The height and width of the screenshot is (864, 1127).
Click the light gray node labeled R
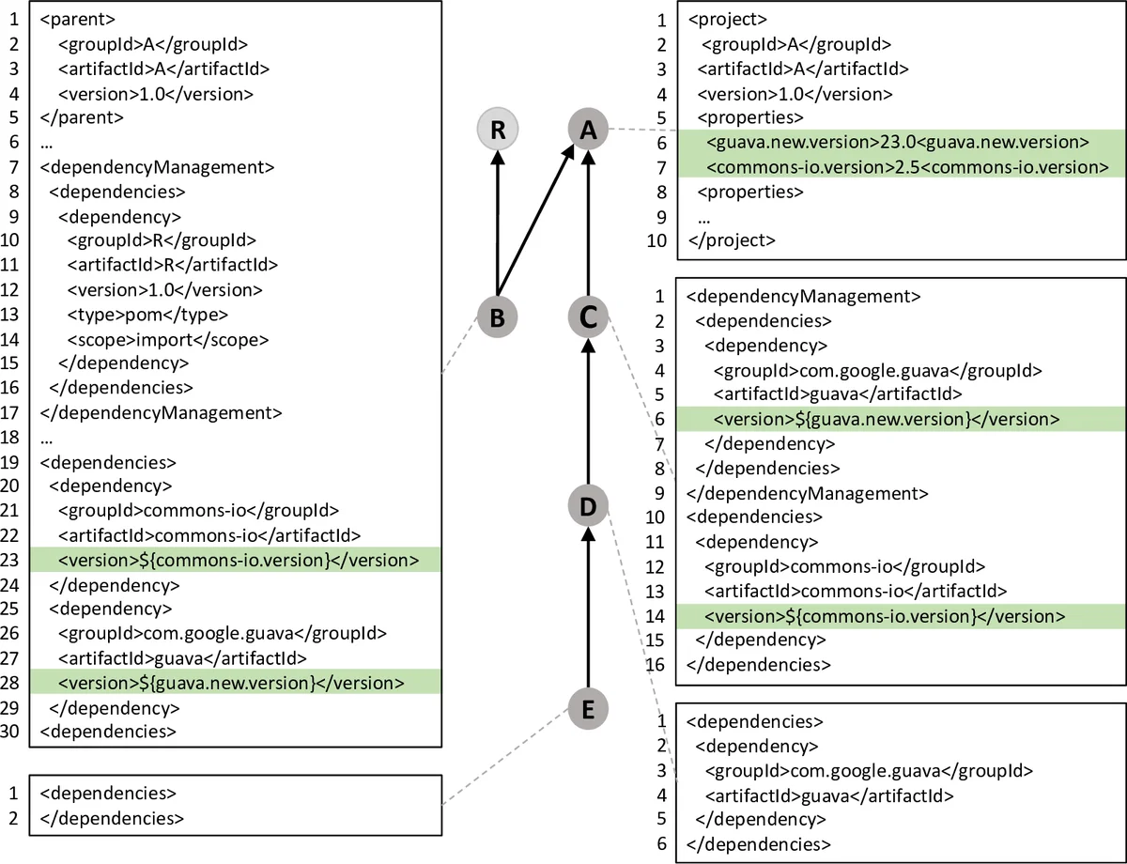click(498, 131)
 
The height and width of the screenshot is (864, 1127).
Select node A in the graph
click(589, 131)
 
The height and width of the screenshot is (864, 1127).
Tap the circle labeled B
click(498, 317)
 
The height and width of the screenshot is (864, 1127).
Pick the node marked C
click(589, 317)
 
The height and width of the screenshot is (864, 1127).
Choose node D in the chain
click(589, 507)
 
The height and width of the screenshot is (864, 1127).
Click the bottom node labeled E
click(589, 709)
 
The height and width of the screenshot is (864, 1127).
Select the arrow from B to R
click(498, 225)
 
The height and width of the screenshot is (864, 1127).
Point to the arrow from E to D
click(589, 609)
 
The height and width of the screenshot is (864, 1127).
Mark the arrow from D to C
click(589, 413)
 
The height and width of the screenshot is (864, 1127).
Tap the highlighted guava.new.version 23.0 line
click(896, 143)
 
